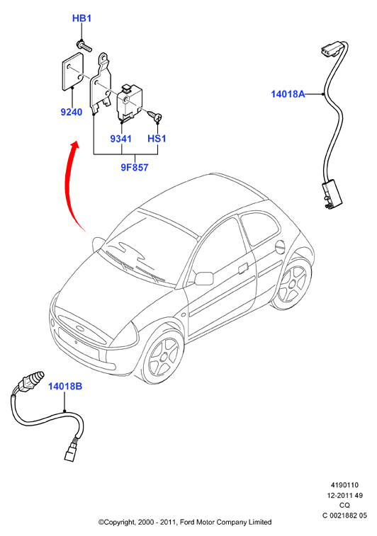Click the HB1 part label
pyautogui.click(x=81, y=18)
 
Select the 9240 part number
pyautogui.click(x=72, y=112)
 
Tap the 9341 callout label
pyautogui.click(x=120, y=139)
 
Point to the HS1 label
pyautogui.click(x=157, y=139)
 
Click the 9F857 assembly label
pyautogui.click(x=135, y=167)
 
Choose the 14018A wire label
pyautogui.click(x=288, y=93)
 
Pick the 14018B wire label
pyautogui.click(x=65, y=387)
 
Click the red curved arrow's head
pyautogui.click(x=74, y=145)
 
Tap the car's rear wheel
pyautogui.click(x=293, y=283)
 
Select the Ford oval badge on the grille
pyautogui.click(x=79, y=329)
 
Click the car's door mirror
pyautogui.click(x=203, y=278)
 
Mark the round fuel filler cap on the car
pyautogui.click(x=280, y=246)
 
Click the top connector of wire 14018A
pyautogui.click(x=332, y=49)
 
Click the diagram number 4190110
pyautogui.click(x=344, y=485)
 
